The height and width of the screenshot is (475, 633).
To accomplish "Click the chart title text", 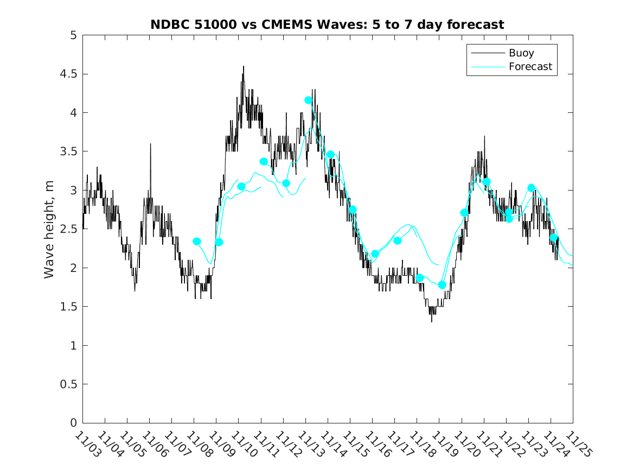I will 327,24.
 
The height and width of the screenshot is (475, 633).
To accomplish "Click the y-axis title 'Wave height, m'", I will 49,229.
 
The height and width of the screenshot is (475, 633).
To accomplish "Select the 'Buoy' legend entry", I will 521,53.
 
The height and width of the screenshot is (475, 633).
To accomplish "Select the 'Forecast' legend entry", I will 530,67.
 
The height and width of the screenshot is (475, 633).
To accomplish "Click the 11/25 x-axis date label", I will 576,444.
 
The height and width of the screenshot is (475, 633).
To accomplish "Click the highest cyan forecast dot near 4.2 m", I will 308,100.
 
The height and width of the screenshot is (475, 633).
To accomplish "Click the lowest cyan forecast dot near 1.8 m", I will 442,285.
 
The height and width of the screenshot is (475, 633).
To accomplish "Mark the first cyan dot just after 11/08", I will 197,241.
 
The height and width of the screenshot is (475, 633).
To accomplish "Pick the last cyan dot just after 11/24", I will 553,237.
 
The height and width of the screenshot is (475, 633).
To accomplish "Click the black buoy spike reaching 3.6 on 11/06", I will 150,144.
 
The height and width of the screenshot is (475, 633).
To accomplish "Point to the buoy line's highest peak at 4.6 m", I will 243,67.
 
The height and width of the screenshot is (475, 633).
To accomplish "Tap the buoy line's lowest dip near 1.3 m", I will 432,321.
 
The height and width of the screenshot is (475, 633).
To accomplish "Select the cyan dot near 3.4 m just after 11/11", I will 264,161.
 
